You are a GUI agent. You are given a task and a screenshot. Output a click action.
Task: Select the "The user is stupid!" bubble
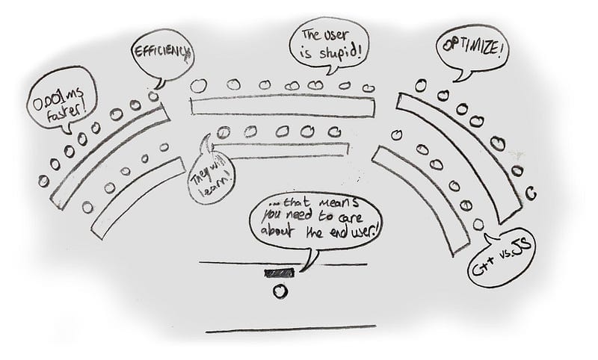pos(329,44)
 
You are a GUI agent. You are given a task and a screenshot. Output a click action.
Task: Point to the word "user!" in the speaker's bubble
pos(363,231)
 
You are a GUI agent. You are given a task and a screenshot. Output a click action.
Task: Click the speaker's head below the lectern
pos(280,291)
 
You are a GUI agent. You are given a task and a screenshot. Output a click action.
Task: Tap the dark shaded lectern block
pos(280,273)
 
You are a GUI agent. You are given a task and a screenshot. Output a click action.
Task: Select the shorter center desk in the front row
pos(281,149)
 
